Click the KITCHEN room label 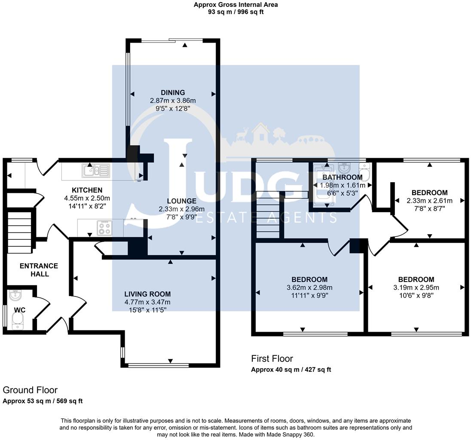(87, 190)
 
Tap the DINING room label (173, 92)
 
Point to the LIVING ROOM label (147, 294)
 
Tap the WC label (20, 309)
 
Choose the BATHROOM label (343, 177)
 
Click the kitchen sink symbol (97, 171)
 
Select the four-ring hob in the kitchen (105, 228)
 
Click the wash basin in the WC (15, 296)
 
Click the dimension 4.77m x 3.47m (147, 302)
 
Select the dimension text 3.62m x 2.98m (309, 288)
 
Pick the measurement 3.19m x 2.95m (416, 287)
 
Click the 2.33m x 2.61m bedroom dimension (429, 201)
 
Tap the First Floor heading (272, 358)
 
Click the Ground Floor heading (30, 390)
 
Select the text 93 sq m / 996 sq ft (235, 12)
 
